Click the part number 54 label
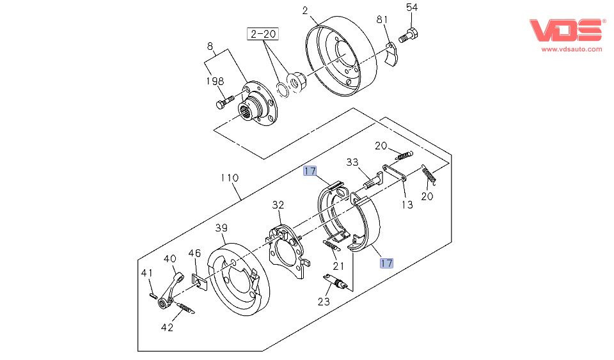coord(412,7)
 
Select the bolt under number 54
coord(408,36)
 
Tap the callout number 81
coord(382,20)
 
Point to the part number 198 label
coord(214,81)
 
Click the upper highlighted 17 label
coord(310,171)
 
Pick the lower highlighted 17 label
coord(386,262)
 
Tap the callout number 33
coord(353,162)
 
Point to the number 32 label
coord(277,205)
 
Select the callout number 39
coord(221,228)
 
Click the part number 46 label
coord(194,254)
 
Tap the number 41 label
coord(148,273)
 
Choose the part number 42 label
coord(167,327)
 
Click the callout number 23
coord(324,301)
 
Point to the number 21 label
coord(338,265)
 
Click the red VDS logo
coord(565,30)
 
